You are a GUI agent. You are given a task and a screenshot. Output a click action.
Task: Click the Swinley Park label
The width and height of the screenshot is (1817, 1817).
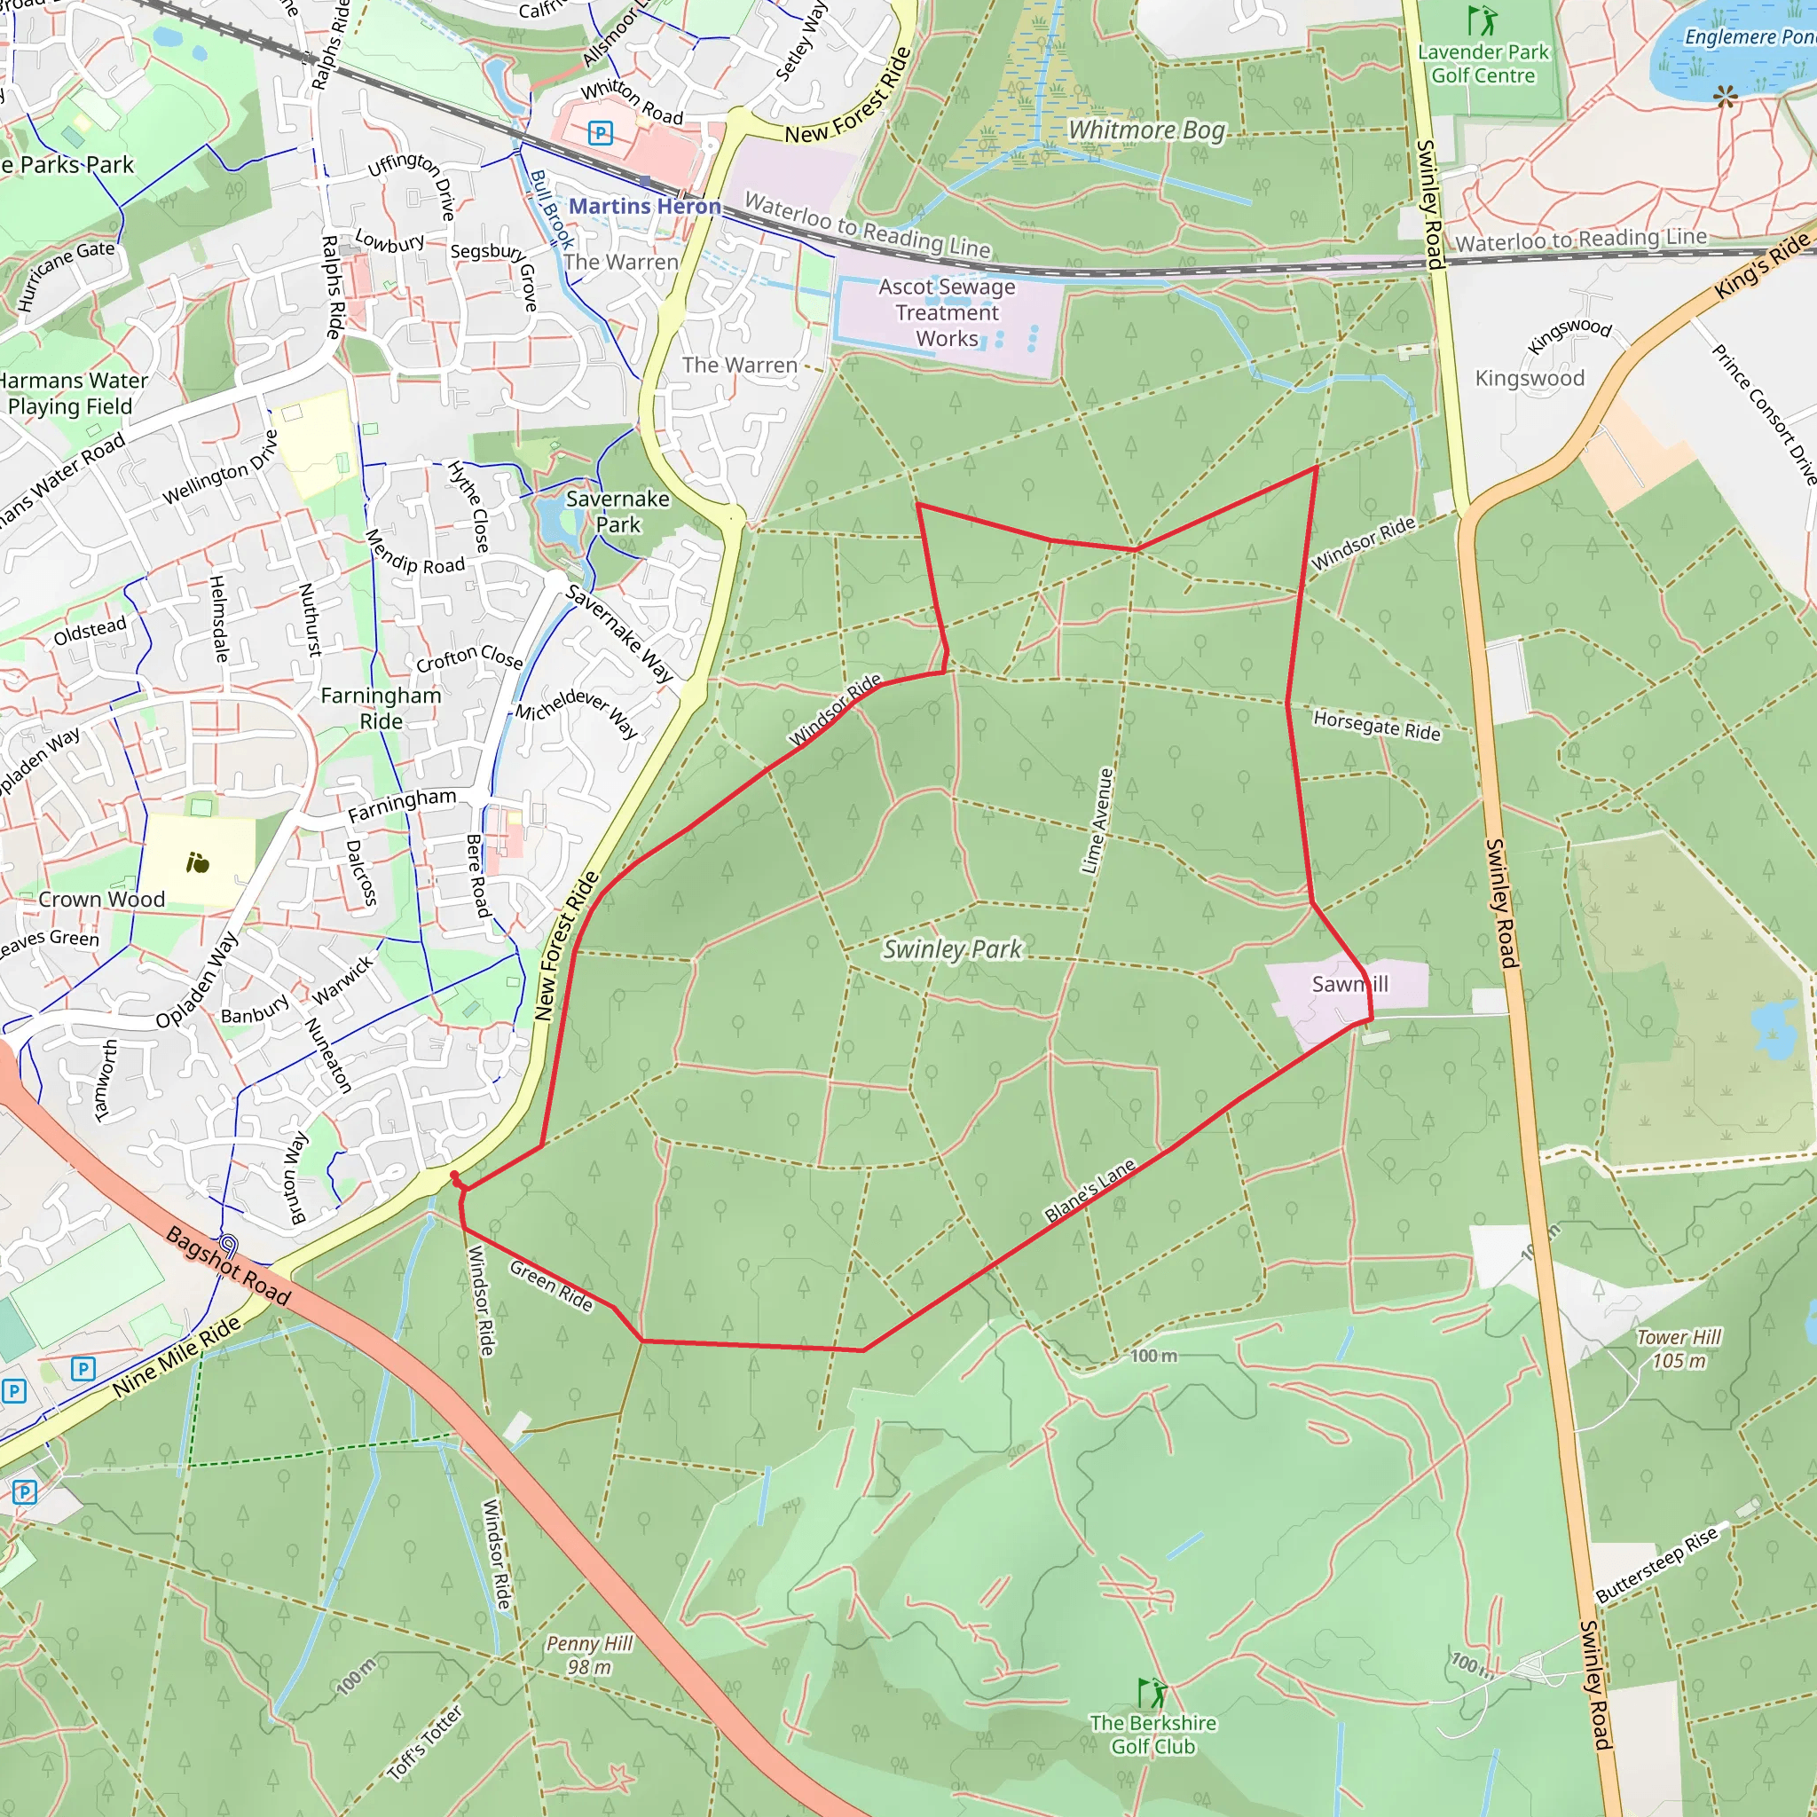pyautogui.click(x=952, y=949)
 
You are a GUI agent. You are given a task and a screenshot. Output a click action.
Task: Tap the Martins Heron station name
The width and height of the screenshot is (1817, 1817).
pyautogui.click(x=644, y=206)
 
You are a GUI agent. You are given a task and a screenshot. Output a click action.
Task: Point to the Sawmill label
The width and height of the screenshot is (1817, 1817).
pyautogui.click(x=1349, y=984)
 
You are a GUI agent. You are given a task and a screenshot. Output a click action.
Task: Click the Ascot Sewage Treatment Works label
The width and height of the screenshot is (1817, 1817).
pyautogui.click(x=947, y=312)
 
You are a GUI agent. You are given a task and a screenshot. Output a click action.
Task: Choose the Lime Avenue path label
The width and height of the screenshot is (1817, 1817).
pyautogui.click(x=1097, y=821)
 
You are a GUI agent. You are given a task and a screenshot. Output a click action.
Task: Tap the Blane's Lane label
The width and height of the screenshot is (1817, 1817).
pyautogui.click(x=1090, y=1191)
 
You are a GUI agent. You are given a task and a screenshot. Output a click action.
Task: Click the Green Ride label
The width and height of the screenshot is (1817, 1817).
pyautogui.click(x=551, y=1286)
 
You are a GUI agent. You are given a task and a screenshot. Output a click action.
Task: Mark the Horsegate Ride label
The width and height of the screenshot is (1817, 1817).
pyautogui.click(x=1377, y=725)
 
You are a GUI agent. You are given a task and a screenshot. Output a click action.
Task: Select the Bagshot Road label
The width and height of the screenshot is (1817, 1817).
pyautogui.click(x=229, y=1265)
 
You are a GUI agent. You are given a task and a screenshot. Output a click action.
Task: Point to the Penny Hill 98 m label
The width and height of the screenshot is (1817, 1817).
pyautogui.click(x=590, y=1656)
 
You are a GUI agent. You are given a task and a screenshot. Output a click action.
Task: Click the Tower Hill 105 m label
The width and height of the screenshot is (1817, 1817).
pyautogui.click(x=1679, y=1349)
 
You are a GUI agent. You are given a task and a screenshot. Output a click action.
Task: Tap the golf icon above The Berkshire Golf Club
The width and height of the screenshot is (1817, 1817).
pyautogui.click(x=1152, y=1693)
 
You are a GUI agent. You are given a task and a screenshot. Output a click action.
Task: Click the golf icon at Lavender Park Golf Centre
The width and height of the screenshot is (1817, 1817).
pyautogui.click(x=1483, y=20)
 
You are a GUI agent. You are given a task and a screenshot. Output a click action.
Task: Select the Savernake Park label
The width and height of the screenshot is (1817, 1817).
pyautogui.click(x=617, y=512)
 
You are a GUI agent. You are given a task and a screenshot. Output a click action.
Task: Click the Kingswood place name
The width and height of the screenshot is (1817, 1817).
pyautogui.click(x=1530, y=378)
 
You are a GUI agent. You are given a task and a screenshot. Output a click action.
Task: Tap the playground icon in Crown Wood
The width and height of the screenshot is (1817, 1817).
pyautogui.click(x=198, y=862)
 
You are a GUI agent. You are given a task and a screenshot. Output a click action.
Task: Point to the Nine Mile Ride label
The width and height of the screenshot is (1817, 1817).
pyautogui.click(x=177, y=1357)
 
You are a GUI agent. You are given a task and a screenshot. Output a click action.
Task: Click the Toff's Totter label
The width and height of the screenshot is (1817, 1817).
pyautogui.click(x=426, y=1742)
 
